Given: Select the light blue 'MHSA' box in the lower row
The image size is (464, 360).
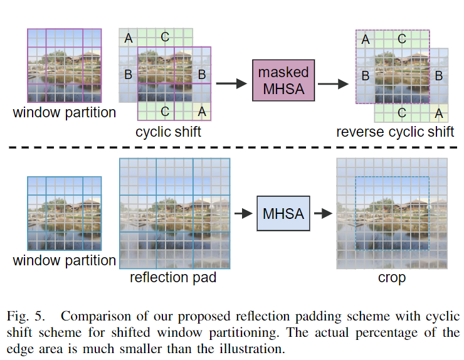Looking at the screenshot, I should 283,214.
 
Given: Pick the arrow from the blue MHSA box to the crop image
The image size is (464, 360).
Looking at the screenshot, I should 322,214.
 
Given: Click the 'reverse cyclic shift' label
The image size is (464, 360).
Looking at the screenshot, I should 395,132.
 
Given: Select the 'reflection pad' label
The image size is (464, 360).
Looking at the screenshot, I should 173,277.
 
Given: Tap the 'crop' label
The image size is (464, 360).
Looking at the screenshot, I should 392,277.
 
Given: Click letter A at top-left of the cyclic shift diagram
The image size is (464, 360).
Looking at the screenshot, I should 129,39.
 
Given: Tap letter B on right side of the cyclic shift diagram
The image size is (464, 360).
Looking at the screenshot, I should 202,75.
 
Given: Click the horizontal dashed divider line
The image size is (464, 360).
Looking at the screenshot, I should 232,148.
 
